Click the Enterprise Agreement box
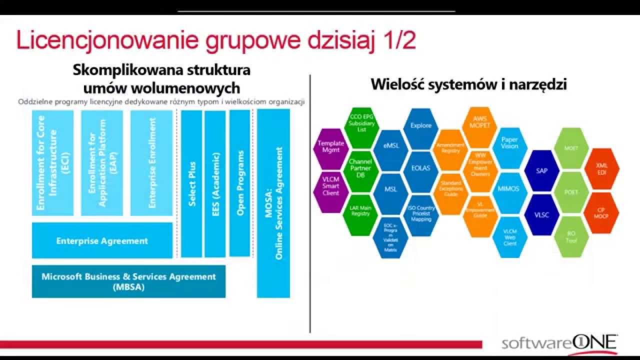pyautogui.click(x=102, y=240)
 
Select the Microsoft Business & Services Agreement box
pyautogui.click(x=128, y=281)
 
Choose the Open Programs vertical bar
pyautogui.click(x=239, y=183)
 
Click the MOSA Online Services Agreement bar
pyautogui.click(x=273, y=203)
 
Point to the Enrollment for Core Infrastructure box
pyautogui.click(x=52, y=163)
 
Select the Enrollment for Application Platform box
pyautogui.click(x=102, y=163)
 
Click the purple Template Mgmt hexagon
pyautogui.click(x=331, y=146)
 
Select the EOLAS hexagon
pyautogui.click(x=420, y=168)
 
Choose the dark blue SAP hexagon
pyautogui.click(x=541, y=170)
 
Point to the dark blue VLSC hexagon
pyautogui.click(x=541, y=215)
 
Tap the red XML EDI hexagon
pyautogui.click(x=602, y=168)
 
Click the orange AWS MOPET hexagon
pyautogui.click(x=480, y=122)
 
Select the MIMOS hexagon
pyautogui.click(x=509, y=189)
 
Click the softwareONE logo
pyautogui.click(x=559, y=343)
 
